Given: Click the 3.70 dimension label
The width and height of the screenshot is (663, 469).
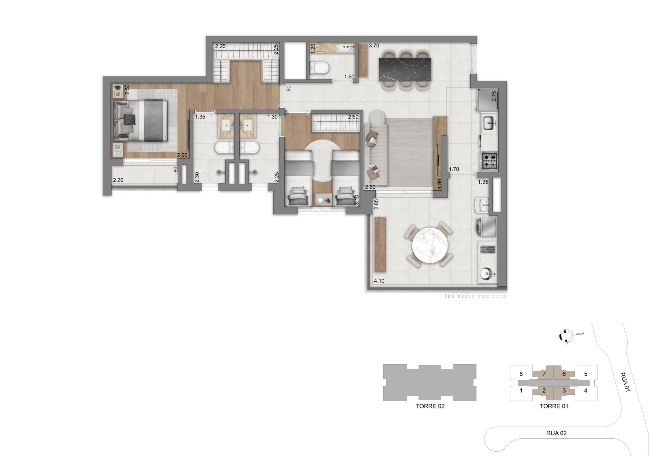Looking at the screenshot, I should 374,46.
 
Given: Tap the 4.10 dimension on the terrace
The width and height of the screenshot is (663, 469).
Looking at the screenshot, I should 379,281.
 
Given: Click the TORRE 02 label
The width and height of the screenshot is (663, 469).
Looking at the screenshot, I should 430,406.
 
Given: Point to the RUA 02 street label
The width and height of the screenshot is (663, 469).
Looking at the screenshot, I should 556,433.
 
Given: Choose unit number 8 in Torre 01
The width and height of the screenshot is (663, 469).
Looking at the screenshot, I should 521,374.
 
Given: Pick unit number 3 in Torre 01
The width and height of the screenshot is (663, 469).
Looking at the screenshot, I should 564,391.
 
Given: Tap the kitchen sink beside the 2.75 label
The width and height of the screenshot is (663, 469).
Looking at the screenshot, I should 488,123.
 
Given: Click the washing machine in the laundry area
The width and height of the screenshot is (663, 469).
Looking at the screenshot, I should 486,227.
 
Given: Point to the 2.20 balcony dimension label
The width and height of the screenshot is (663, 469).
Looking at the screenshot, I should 118,180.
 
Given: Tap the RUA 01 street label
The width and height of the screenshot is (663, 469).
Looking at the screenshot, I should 625,382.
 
